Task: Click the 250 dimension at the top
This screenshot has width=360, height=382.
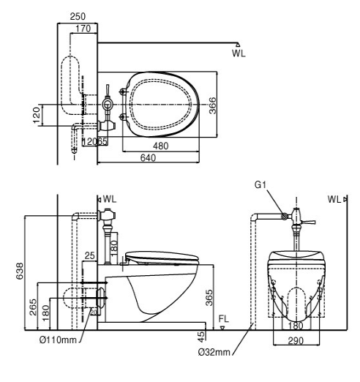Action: click(78, 17)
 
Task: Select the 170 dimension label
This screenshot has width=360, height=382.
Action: click(83, 29)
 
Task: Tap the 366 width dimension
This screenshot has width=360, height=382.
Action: click(213, 105)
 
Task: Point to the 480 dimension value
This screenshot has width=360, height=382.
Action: click(161, 146)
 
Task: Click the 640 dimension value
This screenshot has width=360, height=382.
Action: click(148, 158)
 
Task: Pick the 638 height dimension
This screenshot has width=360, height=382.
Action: click(20, 271)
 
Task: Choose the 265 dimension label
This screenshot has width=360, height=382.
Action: click(33, 307)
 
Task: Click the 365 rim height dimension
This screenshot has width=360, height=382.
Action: click(209, 298)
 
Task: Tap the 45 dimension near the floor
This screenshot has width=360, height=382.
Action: click(201, 337)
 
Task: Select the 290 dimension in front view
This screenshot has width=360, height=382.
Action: click(296, 341)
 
